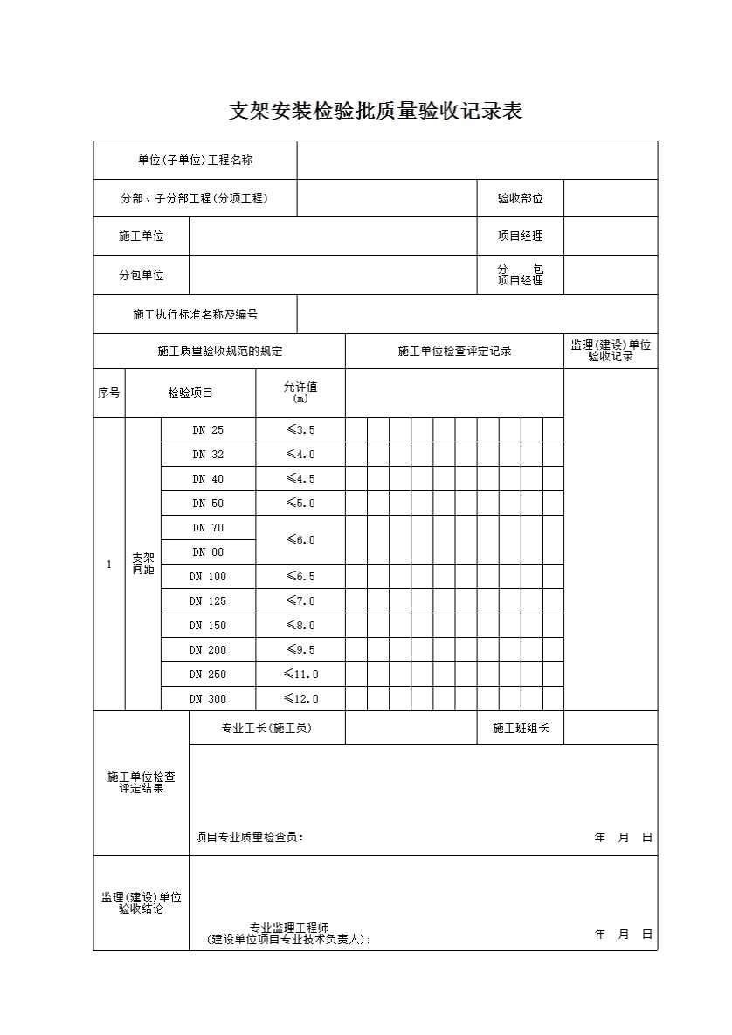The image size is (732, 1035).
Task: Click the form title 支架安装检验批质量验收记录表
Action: point(376,112)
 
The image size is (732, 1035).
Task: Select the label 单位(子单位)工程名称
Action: point(196,161)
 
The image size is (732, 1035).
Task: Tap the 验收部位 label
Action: point(520,199)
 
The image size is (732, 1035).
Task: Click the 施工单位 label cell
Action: point(142,236)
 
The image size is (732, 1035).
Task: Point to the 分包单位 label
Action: point(142,275)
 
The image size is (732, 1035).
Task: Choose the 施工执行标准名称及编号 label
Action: point(196,314)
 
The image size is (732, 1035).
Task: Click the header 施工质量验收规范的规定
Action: point(219,352)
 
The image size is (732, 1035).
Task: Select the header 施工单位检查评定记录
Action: point(454,352)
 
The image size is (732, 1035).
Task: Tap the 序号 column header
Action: point(109,394)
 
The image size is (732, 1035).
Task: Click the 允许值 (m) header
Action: point(300,393)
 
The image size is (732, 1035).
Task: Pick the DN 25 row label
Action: point(208,430)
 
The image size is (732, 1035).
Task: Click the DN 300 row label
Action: point(208,699)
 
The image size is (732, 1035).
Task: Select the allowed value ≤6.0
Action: point(300,540)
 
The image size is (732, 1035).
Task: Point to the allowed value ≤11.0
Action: point(300,675)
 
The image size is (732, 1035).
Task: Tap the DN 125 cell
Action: point(208,601)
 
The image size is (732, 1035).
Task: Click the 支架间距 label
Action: point(143,564)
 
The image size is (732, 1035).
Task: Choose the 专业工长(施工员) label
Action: point(266,729)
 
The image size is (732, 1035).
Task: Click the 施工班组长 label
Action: point(520,729)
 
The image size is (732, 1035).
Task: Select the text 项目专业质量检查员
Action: point(249,838)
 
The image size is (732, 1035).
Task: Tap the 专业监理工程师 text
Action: point(289,929)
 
